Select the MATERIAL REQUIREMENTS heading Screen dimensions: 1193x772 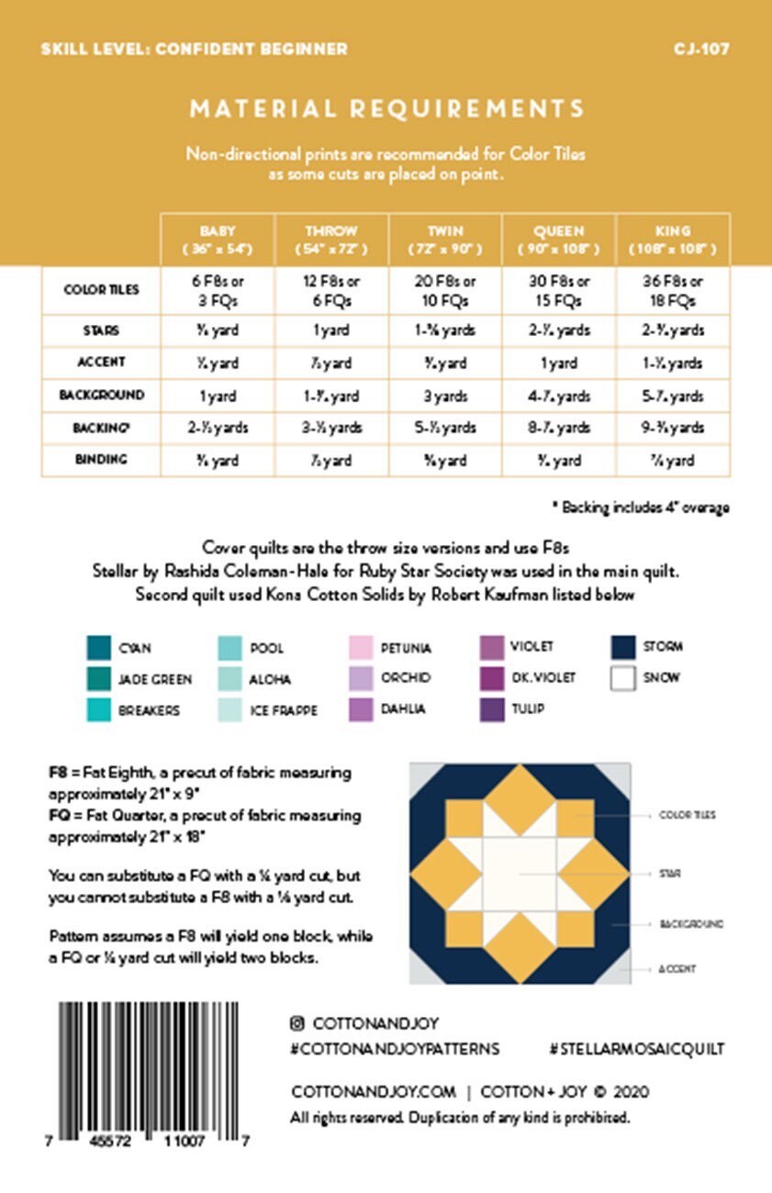[x=386, y=108]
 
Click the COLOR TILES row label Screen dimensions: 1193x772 [x=101, y=290]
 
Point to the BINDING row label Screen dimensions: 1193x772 [x=101, y=459]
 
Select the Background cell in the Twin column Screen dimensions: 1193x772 [x=445, y=396]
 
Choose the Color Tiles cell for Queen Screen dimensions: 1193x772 [x=559, y=290]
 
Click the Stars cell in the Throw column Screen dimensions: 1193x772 [x=331, y=330]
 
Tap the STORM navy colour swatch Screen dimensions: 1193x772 [x=624, y=647]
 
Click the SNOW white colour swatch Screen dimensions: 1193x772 [x=624, y=678]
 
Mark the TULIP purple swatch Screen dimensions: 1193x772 [x=491, y=709]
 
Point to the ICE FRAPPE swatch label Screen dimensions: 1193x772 [x=284, y=710]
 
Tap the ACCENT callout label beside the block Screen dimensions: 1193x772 [x=678, y=969]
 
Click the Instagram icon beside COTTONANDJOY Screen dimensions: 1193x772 [x=297, y=1023]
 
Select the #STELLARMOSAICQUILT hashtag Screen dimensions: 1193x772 [x=636, y=1048]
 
